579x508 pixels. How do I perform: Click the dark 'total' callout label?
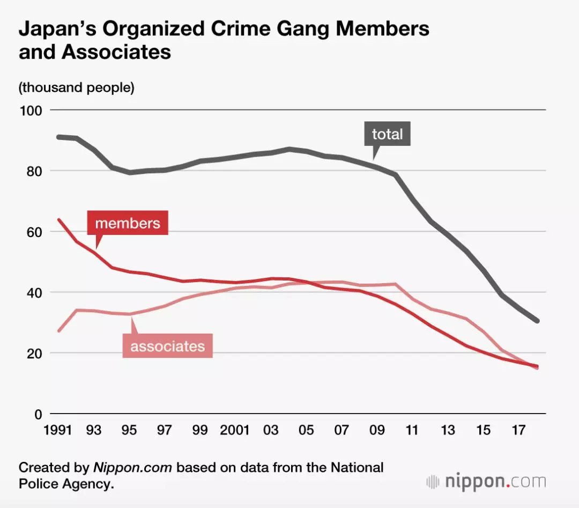[387, 134]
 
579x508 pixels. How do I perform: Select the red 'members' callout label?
[128, 223]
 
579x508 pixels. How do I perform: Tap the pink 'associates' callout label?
[168, 345]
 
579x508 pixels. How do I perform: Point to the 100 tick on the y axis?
[31, 111]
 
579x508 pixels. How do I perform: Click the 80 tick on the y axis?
[32, 171]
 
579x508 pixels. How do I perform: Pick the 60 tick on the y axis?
[32, 232]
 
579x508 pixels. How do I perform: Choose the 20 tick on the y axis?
[32, 354]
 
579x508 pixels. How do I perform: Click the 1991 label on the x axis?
[58, 430]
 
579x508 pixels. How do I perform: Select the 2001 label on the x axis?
[235, 430]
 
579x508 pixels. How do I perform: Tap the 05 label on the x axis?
[306, 430]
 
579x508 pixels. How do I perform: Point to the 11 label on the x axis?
[412, 430]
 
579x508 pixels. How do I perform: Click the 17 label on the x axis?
[518, 430]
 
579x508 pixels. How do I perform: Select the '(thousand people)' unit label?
[77, 87]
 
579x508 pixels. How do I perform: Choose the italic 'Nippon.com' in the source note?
[133, 467]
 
